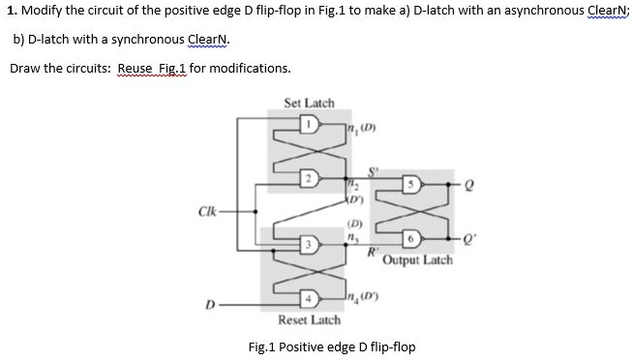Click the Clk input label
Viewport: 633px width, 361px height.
[x=206, y=210]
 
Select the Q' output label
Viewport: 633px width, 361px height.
[x=473, y=238]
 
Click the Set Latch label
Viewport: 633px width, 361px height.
[x=309, y=102]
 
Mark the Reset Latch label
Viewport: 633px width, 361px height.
[x=309, y=319]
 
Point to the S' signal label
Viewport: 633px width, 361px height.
[x=366, y=165]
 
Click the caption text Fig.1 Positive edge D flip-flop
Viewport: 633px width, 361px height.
[x=332, y=346]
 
